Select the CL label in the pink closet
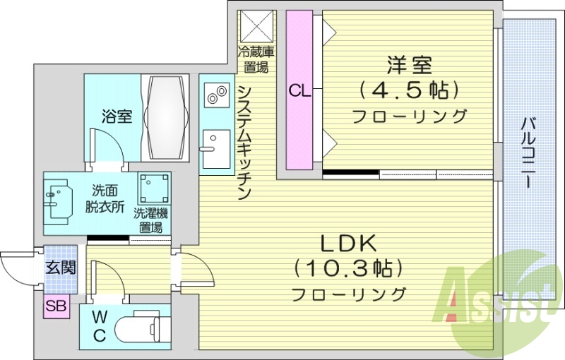click(299, 90)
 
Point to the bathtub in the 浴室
click(167, 117)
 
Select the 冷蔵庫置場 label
click(255, 59)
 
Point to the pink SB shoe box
click(55, 306)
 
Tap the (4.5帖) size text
click(409, 90)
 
